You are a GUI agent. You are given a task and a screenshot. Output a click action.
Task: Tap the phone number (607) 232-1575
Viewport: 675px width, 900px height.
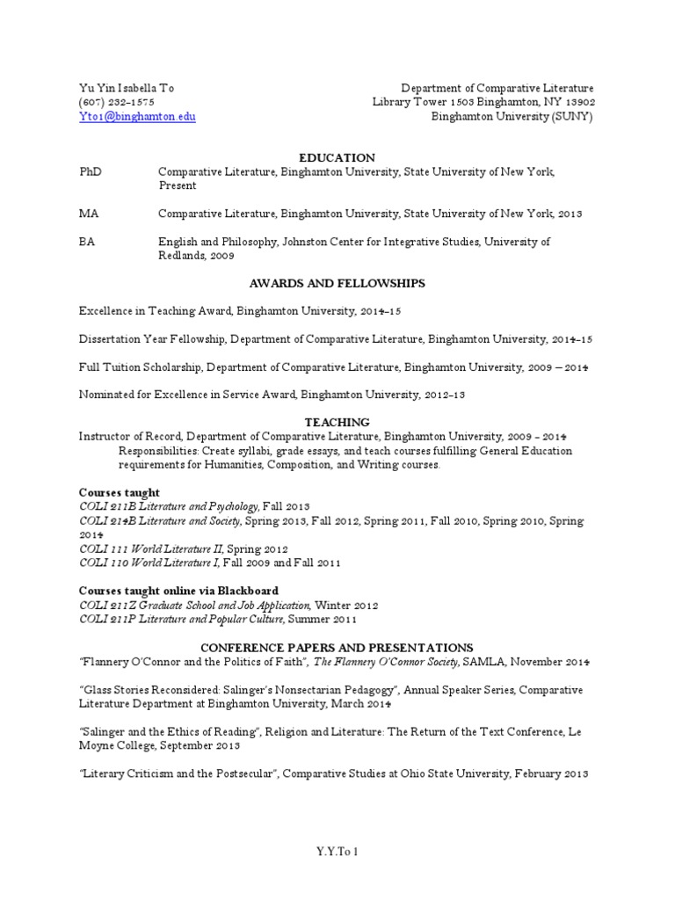point(116,102)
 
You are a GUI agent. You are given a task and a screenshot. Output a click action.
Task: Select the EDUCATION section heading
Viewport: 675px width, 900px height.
point(337,157)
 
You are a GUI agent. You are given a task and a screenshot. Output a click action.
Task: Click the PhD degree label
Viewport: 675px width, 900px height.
point(91,171)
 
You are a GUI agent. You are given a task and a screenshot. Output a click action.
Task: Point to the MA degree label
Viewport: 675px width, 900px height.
point(89,214)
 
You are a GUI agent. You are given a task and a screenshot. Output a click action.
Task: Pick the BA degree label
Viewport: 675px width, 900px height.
point(88,242)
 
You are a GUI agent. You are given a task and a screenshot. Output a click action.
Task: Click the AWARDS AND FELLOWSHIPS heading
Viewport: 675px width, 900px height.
point(337,283)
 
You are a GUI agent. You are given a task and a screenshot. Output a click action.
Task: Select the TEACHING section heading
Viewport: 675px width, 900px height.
point(337,422)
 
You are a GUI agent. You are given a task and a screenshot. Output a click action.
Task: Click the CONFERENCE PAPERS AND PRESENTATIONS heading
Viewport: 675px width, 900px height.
point(337,647)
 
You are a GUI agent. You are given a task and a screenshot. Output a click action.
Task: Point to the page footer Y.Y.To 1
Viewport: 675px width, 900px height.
point(337,852)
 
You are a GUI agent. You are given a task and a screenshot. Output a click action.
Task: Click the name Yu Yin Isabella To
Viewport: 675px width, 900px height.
point(127,88)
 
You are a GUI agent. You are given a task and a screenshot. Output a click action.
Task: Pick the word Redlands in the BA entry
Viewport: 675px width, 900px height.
point(185,256)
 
